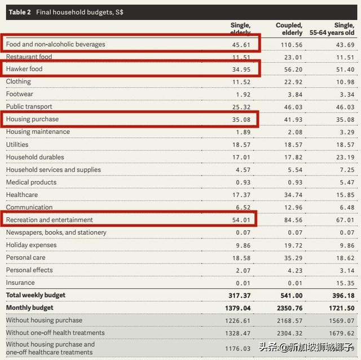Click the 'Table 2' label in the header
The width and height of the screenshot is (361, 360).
tap(20, 12)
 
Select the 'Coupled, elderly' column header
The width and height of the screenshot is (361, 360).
tap(289, 29)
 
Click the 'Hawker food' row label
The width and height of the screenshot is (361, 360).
tap(24, 69)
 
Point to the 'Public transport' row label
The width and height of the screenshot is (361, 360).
tap(29, 107)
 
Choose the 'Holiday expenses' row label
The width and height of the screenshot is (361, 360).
tap(32, 245)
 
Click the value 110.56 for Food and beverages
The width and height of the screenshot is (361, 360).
tap(290, 44)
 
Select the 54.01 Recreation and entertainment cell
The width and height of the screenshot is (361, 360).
tap(241, 219)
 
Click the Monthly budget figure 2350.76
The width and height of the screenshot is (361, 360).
tap(288, 308)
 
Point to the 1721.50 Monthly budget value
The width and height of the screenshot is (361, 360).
tap(341, 308)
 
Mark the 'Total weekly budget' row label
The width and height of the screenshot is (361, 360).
tap(36, 295)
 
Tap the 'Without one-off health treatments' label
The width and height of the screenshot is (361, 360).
tap(55, 333)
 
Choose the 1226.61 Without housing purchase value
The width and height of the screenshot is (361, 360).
tap(236, 321)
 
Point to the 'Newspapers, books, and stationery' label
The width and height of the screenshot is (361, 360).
tap(56, 232)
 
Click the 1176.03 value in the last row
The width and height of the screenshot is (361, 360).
tap(236, 349)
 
